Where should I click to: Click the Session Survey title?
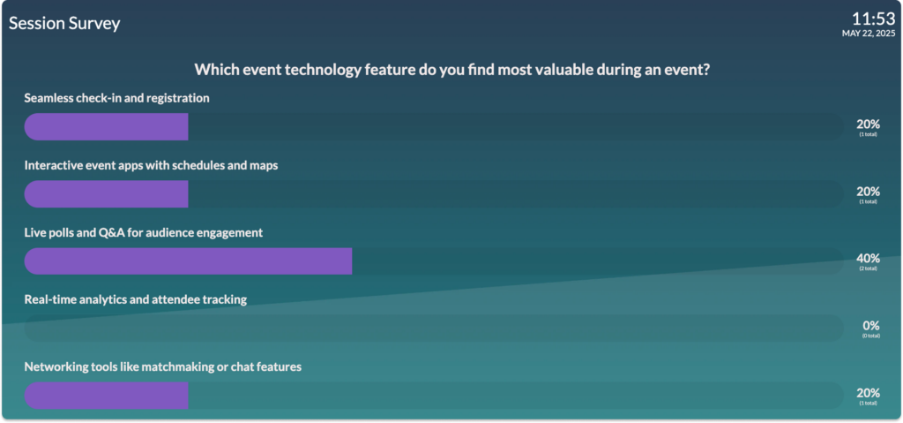pyautogui.click(x=64, y=24)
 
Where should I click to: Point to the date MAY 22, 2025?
pyautogui.click(x=869, y=34)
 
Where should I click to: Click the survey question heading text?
pyautogui.click(x=451, y=70)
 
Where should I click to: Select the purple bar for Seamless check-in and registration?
pyautogui.click(x=106, y=127)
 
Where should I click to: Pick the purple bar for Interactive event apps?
pyautogui.click(x=106, y=194)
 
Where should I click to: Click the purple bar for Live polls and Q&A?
pyautogui.click(x=188, y=261)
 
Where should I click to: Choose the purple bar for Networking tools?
pyautogui.click(x=106, y=396)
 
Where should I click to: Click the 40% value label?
pyautogui.click(x=868, y=258)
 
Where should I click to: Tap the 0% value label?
pyautogui.click(x=870, y=326)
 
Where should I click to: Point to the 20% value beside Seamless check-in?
pyautogui.click(x=868, y=124)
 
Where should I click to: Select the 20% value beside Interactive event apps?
pyautogui.click(x=868, y=191)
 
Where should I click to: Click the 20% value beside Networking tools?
pyautogui.click(x=868, y=393)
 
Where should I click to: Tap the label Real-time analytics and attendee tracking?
pyautogui.click(x=135, y=300)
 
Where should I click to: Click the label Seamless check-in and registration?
pyautogui.click(x=117, y=99)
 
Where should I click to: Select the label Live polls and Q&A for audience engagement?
pyautogui.click(x=144, y=233)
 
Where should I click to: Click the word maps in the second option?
pyautogui.click(x=265, y=166)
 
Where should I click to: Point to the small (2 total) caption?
pyautogui.click(x=869, y=268)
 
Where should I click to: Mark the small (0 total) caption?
pyautogui.click(x=870, y=336)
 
